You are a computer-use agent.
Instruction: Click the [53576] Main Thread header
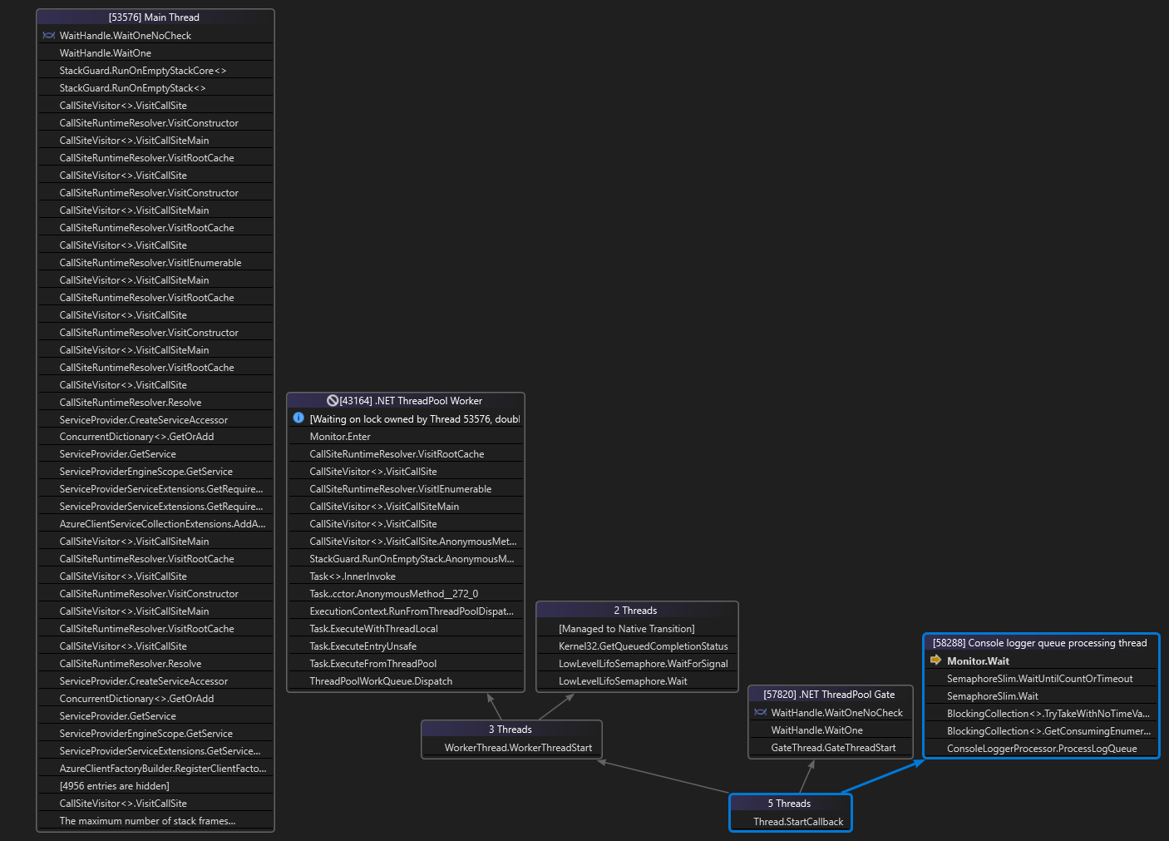(155, 17)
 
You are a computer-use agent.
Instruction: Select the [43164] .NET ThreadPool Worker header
(406, 401)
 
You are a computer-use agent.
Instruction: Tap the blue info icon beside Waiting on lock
(298, 418)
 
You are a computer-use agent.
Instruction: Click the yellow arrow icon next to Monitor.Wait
(935, 660)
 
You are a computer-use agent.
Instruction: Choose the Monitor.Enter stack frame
(340, 437)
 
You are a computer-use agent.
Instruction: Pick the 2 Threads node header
(636, 611)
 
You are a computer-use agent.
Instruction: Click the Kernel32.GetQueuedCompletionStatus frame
(643, 646)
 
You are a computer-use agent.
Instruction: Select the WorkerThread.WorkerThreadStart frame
(518, 748)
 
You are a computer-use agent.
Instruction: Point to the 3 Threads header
(511, 730)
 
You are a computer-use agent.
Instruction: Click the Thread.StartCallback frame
(798, 822)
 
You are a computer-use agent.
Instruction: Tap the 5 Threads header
(789, 804)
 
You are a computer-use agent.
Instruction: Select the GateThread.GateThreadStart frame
(833, 748)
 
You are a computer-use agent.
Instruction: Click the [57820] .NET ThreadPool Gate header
(830, 695)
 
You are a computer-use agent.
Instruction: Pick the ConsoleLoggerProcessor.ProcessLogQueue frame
(1041, 749)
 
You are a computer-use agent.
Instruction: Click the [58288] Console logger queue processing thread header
(1039, 643)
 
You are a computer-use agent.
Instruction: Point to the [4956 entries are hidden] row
(115, 786)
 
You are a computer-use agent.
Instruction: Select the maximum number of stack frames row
(147, 821)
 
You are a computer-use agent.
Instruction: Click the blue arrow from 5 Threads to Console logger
(883, 776)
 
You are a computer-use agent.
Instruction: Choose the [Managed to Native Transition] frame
(626, 629)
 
